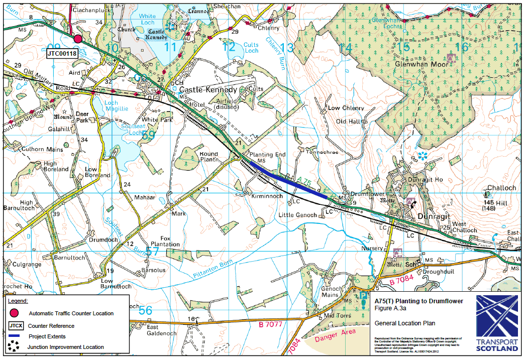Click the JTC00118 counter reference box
point(62,53)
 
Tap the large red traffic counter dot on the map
point(77,39)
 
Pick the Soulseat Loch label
point(126,130)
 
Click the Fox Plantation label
point(162,241)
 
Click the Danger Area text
point(335,336)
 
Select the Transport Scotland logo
point(496,323)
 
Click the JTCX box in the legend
point(15,325)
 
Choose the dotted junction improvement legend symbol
point(15,346)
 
